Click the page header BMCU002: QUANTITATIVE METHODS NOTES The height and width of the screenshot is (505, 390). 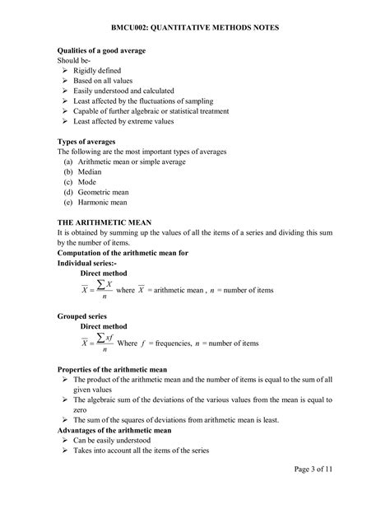[x=195, y=27]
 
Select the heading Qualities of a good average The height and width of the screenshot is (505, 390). [x=102, y=50]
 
